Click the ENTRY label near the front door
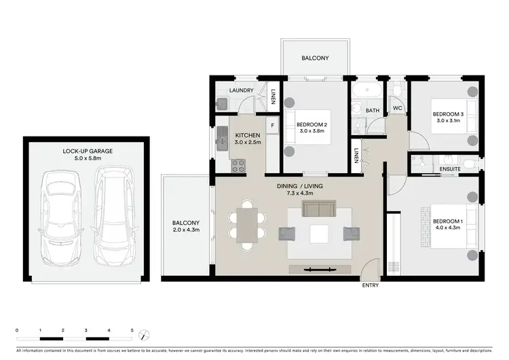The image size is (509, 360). coord(371,285)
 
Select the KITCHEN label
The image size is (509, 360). coord(246,135)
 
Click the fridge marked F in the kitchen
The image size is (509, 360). coord(273,125)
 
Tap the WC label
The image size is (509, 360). coord(397,109)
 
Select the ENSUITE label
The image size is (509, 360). coord(450,168)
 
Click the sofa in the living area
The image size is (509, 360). coord(319,207)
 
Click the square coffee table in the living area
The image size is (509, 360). coord(320,234)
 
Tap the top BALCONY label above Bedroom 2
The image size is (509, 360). coord(315,58)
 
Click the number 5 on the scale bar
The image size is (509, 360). coord(132,329)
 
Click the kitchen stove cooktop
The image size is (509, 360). coord(238,165)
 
